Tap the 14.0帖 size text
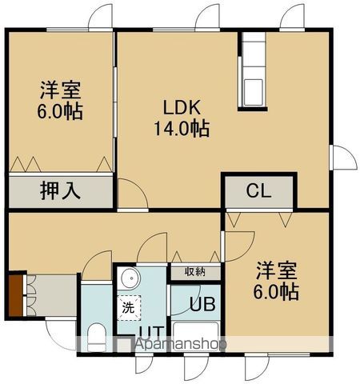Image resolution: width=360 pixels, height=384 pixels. [182, 128]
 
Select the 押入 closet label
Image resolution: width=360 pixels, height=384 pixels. [60, 191]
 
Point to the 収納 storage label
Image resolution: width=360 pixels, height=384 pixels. [195, 272]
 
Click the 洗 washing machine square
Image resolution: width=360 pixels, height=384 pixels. [128, 306]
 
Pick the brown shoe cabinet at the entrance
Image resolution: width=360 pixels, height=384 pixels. [16, 294]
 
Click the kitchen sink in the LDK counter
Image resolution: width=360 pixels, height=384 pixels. [255, 87]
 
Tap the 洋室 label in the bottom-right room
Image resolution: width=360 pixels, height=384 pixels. [277, 270]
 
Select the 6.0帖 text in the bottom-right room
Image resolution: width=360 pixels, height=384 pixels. [277, 291]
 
